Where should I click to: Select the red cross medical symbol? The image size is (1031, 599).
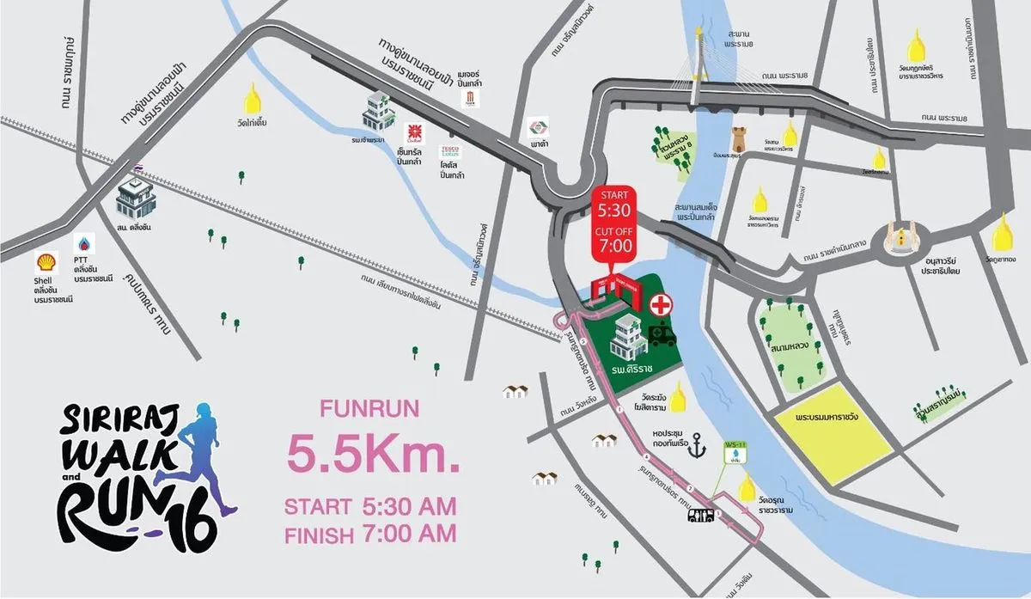pos(661,305)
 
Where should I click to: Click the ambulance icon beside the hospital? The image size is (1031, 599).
pos(662,334)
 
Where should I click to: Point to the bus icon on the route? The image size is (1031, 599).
pos(701,516)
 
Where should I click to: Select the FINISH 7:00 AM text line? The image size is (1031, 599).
pos(370,535)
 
